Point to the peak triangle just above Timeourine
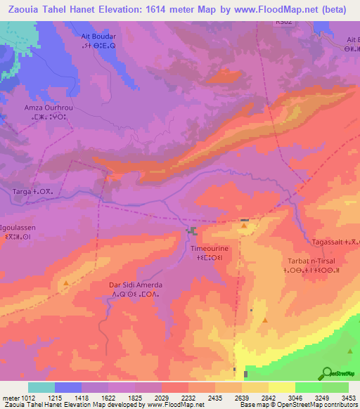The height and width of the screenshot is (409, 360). [244, 226]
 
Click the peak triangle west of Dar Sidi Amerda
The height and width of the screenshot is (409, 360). [66, 283]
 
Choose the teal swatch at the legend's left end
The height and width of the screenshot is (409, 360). [41, 387]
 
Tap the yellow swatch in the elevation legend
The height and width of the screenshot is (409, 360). [281, 387]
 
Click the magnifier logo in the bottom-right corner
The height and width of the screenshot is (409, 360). [327, 373]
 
